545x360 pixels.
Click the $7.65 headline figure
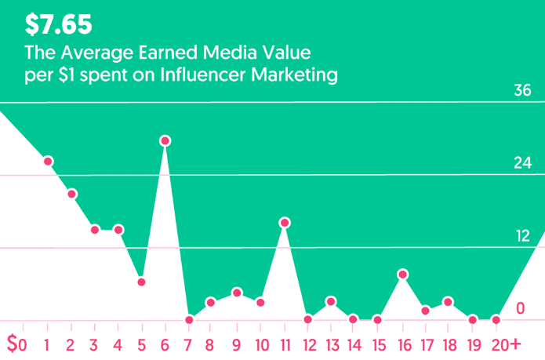58,25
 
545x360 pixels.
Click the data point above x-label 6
165,141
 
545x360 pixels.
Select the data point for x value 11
285,223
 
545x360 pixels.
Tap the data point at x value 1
48,162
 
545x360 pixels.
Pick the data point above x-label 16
402,275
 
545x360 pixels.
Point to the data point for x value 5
141,282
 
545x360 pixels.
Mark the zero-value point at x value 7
189,320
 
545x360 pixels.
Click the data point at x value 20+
496,320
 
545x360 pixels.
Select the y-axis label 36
523,90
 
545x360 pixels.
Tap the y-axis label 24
523,163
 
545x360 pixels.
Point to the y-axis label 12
523,236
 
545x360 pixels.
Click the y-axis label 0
521,308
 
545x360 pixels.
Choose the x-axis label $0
16,344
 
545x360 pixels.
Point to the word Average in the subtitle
85,53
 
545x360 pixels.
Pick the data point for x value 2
71,194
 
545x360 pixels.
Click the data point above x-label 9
237,293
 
